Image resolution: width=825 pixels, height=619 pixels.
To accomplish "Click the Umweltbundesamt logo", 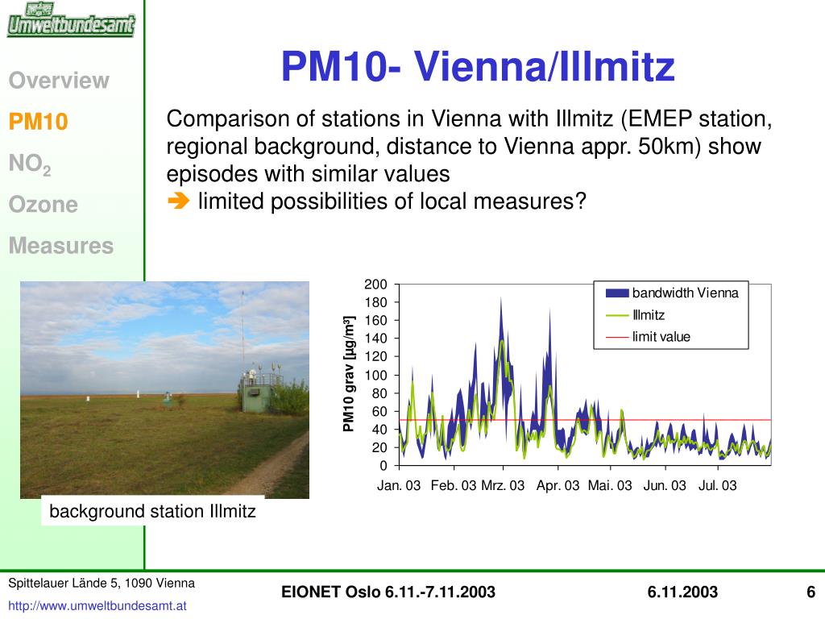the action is point(71,19).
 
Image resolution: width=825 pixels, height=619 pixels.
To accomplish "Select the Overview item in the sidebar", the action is point(59,81).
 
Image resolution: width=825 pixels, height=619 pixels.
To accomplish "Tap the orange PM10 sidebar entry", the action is point(39,122).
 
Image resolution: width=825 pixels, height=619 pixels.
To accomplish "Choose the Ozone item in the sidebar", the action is point(44,204).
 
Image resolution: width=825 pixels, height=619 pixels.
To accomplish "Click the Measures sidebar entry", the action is point(61,245).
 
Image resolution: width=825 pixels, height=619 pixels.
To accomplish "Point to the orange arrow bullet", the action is point(178,201).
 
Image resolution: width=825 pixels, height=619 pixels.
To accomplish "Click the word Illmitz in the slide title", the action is point(616,67).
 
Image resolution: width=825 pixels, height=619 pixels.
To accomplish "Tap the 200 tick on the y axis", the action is point(375,285).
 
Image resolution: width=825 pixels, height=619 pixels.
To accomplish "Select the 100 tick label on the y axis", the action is point(375,375).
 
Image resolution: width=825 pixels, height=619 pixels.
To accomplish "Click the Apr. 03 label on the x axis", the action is point(558,485).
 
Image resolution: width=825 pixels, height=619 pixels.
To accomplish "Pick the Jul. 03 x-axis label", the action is point(717,485).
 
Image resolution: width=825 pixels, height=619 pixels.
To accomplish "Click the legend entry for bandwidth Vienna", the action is point(672,293).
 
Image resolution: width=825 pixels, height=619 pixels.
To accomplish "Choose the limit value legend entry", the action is point(649,337).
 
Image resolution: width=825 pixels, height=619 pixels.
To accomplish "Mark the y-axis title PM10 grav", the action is point(348,374).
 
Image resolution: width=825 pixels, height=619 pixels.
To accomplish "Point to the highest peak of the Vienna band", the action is point(501,298).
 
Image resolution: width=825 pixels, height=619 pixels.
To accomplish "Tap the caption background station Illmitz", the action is point(152,511).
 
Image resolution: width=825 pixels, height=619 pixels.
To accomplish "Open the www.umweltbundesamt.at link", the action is point(97,606).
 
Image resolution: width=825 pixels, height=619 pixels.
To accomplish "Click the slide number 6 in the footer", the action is point(810,592).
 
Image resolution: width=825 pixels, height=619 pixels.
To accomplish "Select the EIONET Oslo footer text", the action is point(388,592).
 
